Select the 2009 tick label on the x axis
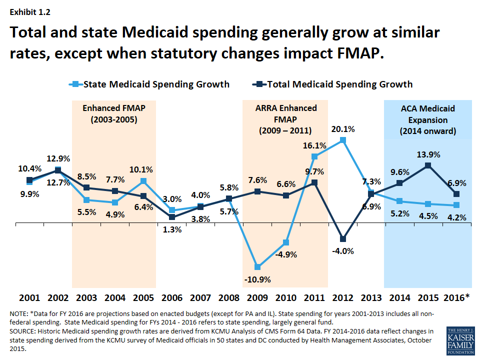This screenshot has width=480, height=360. (257, 298)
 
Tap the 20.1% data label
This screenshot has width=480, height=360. (342, 129)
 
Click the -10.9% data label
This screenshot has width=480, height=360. (257, 279)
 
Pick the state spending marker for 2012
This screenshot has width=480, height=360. (342, 140)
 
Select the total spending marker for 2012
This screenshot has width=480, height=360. (342, 239)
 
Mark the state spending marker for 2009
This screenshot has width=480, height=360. (257, 266)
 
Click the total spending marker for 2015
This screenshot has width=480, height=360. (427, 165)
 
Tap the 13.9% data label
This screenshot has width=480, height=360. (427, 154)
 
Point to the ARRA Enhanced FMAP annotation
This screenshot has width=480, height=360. (285, 119)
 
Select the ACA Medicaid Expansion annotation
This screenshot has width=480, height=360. (427, 120)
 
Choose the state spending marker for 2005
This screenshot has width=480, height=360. (143, 181)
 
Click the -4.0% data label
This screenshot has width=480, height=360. (342, 251)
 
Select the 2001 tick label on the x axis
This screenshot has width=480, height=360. (29, 298)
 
